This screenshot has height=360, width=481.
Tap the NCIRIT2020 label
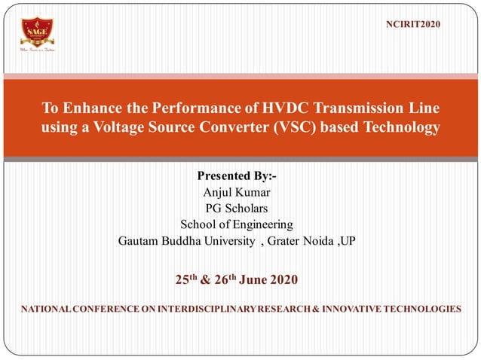[413, 25]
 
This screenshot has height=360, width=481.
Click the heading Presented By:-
[237, 175]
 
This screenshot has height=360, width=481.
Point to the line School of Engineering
[237, 224]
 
